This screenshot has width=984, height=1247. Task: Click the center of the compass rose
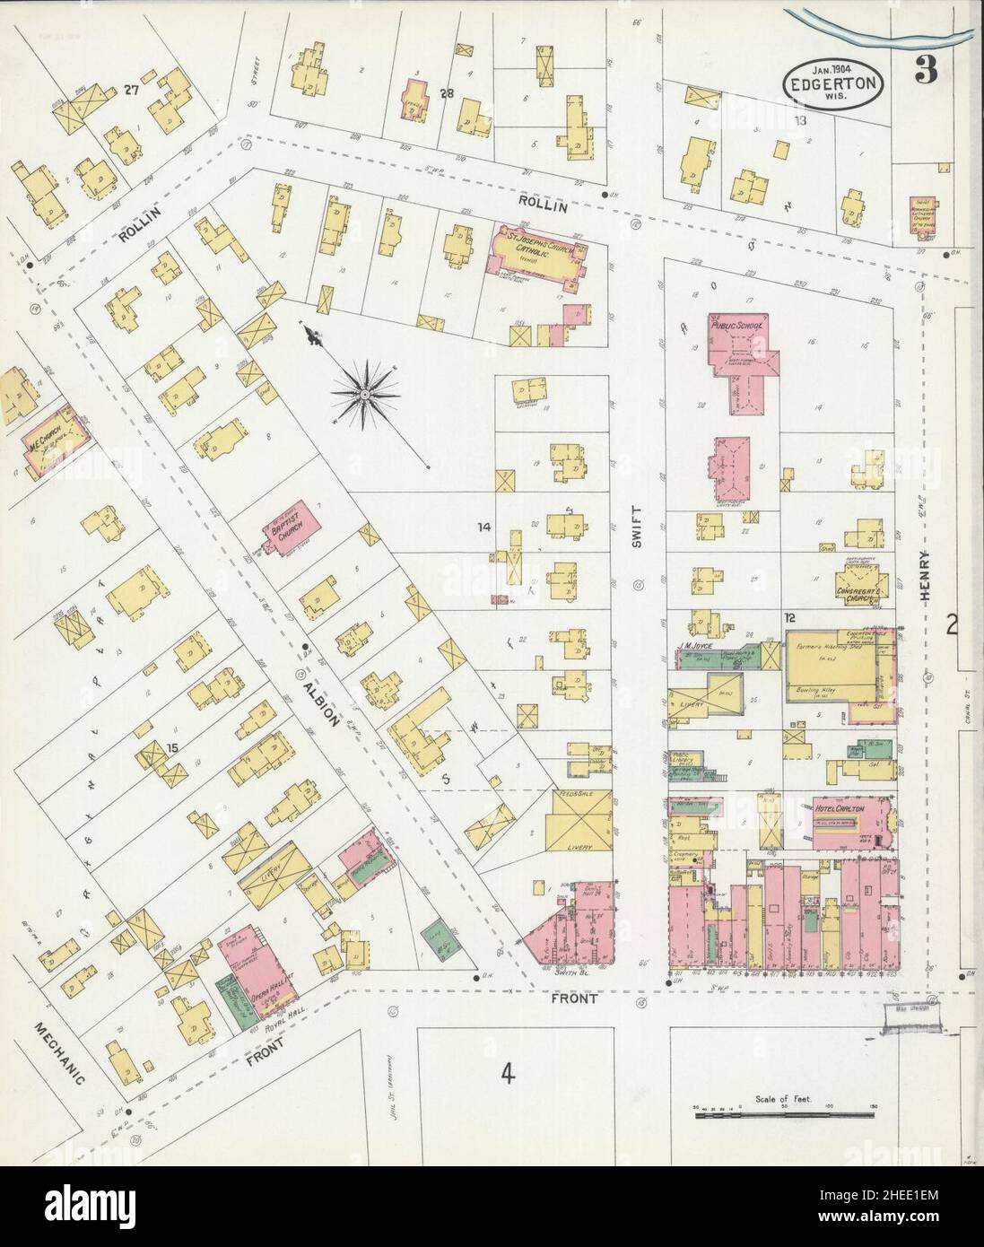[367, 393]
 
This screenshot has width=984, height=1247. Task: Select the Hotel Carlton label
[838, 807]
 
